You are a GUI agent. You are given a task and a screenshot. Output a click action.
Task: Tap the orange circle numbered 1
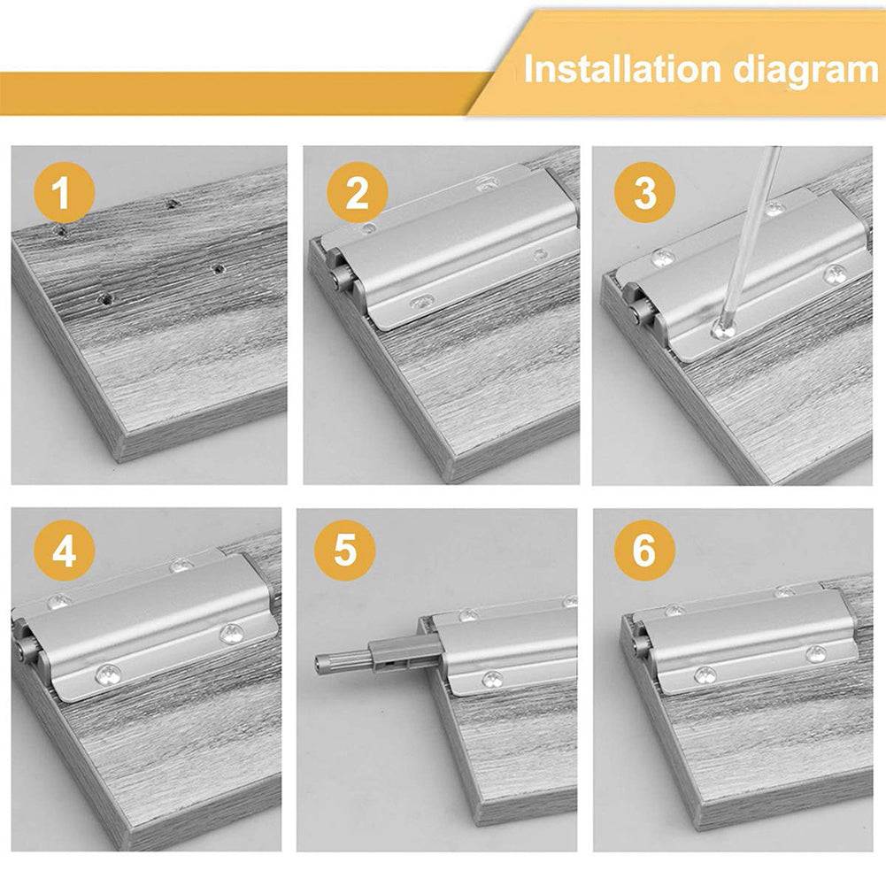[61, 194]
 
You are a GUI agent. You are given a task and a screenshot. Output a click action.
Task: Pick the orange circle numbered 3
[645, 194]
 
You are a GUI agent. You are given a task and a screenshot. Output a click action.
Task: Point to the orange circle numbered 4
[63, 552]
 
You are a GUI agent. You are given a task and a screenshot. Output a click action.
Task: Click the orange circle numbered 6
[643, 552]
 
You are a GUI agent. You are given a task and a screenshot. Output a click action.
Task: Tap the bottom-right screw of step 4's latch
[232, 633]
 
